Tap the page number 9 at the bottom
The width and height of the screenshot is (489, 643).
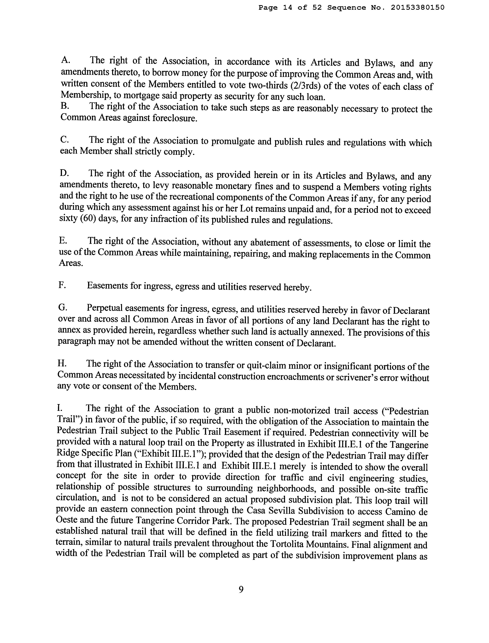(x=241, y=590)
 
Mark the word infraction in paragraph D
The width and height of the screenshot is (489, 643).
(x=168, y=219)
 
